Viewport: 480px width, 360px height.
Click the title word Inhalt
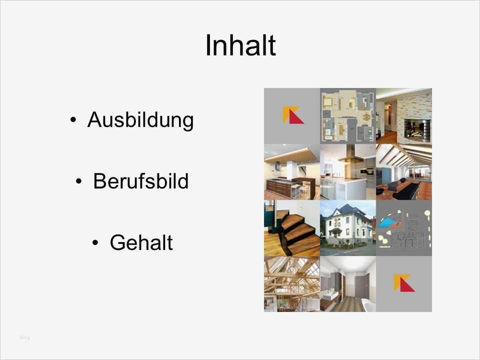(240, 45)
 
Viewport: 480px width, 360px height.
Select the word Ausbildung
(140, 120)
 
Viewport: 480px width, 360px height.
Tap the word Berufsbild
(140, 181)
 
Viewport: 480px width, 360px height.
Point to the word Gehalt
(141, 243)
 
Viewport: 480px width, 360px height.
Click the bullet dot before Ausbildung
(73, 120)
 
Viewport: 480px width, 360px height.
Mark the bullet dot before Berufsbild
(79, 182)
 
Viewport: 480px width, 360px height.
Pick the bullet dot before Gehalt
(96, 243)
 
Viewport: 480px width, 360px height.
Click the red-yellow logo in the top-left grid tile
(292, 115)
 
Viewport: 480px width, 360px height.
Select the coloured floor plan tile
(347, 115)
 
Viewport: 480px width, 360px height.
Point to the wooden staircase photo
(292, 228)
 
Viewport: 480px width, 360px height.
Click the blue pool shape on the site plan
(387, 221)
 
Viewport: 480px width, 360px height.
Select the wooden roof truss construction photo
(292, 283)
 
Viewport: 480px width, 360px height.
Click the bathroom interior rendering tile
(347, 283)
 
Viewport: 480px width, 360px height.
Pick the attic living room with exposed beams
(403, 172)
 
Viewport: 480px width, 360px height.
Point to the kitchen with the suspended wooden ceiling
(292, 172)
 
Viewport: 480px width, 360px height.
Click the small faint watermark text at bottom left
(24, 337)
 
